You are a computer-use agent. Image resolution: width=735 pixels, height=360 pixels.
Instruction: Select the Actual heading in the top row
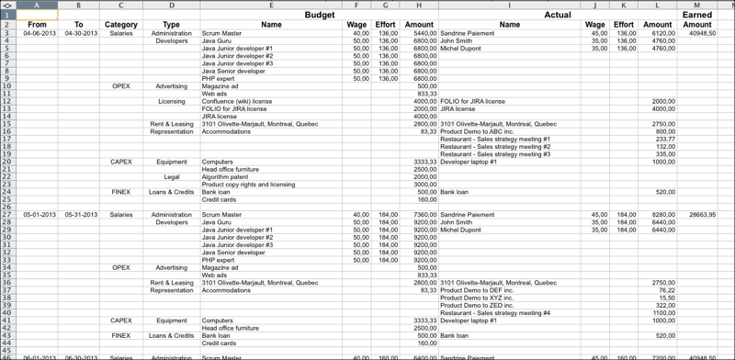[x=557, y=16]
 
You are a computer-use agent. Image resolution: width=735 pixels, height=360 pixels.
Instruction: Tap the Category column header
[x=122, y=25]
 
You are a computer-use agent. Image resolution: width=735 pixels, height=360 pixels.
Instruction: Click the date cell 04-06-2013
[x=39, y=33]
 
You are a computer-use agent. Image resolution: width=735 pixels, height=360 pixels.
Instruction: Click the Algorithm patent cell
[x=225, y=176]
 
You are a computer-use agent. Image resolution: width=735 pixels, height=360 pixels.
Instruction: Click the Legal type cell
[x=172, y=176]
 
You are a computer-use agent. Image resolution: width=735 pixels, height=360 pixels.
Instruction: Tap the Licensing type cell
[x=172, y=101]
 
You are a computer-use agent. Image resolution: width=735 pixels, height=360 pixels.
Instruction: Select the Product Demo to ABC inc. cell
[x=481, y=131]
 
